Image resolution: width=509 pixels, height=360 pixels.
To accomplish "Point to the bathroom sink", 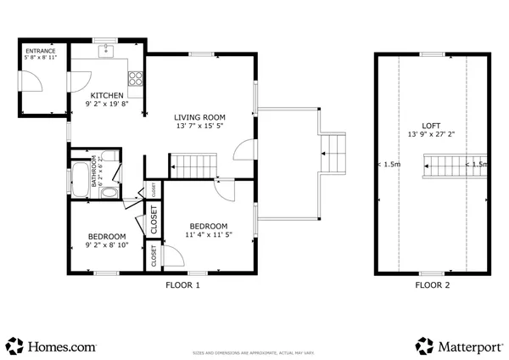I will tap(109, 193).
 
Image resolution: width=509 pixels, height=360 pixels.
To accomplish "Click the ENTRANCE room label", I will tap(40, 52).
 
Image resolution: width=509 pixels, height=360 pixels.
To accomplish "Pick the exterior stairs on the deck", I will tap(335, 153).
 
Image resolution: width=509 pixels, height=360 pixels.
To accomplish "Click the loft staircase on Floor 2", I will tap(444, 166).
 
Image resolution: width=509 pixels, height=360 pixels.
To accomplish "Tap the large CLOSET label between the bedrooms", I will tap(154, 220).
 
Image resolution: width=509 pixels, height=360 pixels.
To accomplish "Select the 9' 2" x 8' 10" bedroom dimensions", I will tap(107, 245).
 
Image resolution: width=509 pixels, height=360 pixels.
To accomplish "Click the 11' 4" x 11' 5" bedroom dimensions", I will tap(209, 234).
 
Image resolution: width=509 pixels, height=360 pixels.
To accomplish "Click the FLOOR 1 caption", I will tap(182, 285).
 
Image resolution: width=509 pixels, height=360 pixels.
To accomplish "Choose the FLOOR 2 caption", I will tap(432, 285).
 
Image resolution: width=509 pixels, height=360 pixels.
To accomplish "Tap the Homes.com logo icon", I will tap(14, 346).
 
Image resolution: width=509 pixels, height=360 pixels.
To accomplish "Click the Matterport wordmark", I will tap(469, 346).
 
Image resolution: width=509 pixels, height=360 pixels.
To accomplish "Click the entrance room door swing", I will tap(31, 82).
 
